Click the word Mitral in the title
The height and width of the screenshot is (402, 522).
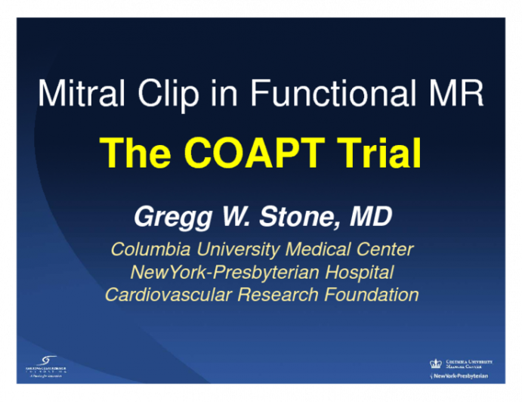point(82,94)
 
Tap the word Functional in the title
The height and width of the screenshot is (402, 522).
point(331,94)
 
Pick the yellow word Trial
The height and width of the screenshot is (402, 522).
point(383,153)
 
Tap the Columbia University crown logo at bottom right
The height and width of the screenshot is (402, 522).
point(435,363)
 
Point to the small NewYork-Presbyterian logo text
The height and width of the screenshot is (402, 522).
point(460,376)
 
